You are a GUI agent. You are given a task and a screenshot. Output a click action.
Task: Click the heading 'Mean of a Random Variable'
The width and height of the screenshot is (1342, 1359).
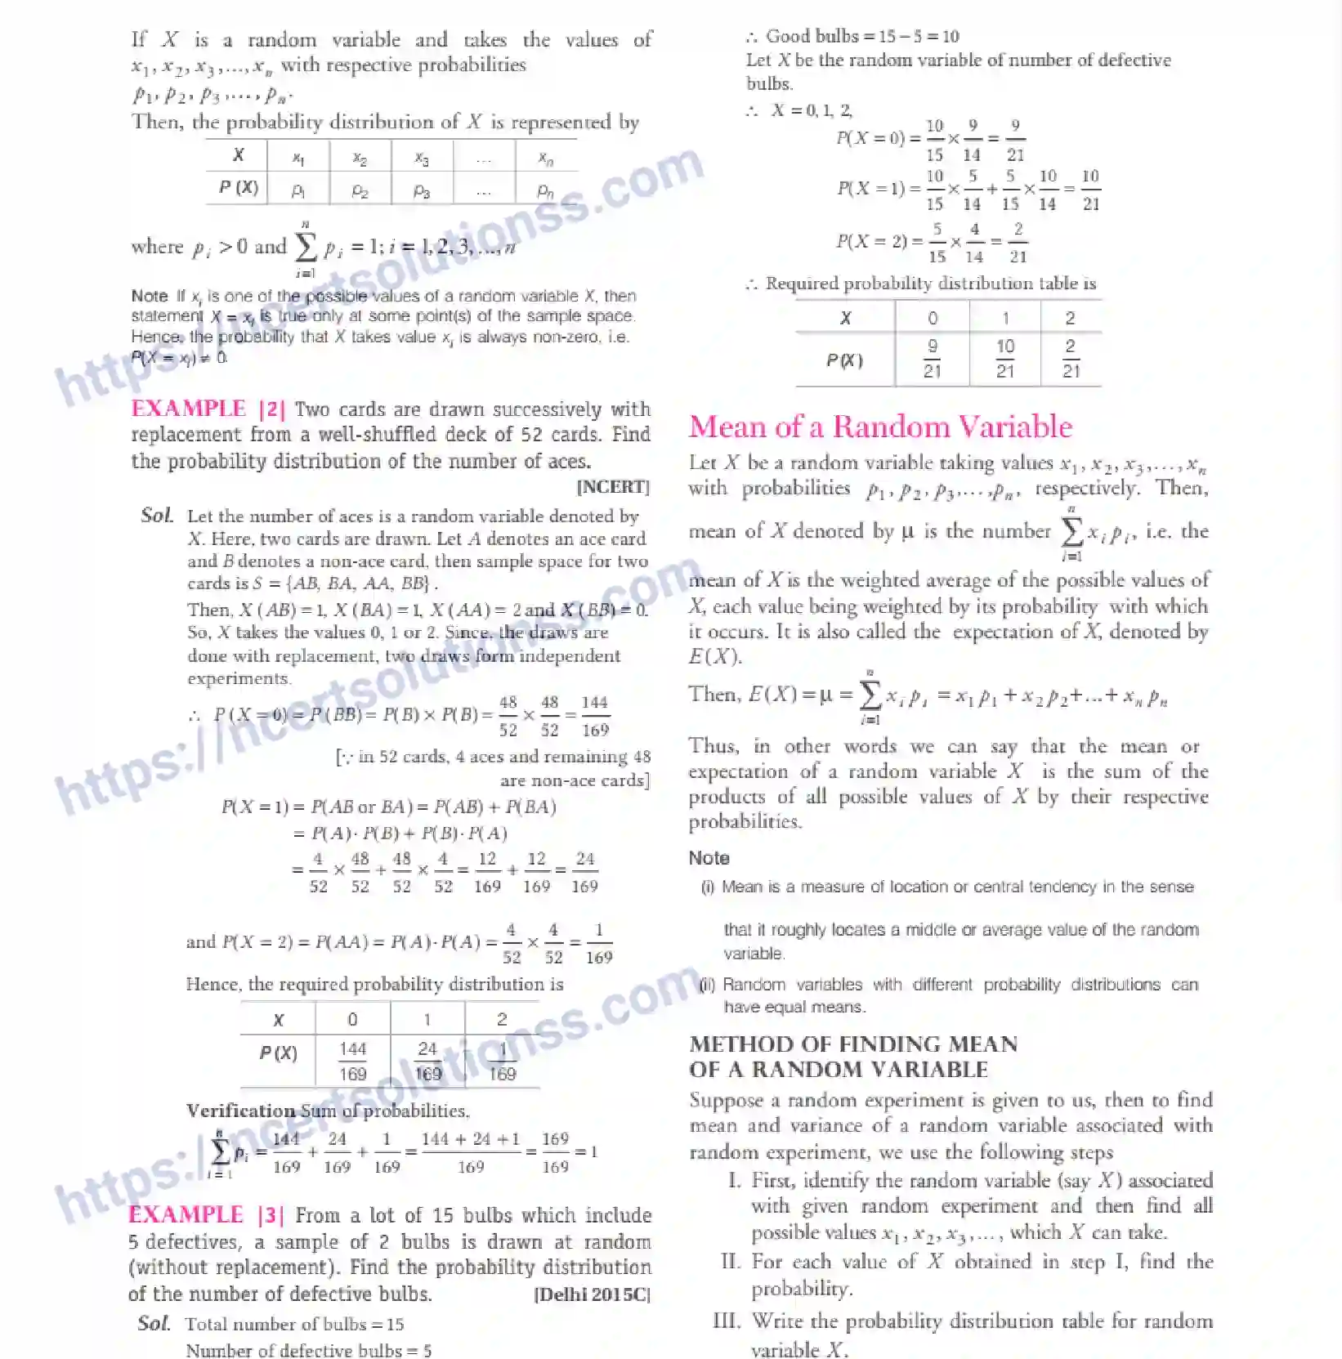tap(880, 427)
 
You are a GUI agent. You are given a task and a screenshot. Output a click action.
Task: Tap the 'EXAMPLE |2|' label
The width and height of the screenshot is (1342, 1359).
tap(208, 409)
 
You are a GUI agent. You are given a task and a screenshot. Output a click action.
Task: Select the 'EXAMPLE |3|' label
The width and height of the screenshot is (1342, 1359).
tap(206, 1215)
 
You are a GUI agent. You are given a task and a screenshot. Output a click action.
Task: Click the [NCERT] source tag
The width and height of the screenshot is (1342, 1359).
tap(613, 487)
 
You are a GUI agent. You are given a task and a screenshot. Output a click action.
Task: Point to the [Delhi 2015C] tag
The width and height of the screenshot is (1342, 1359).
tap(592, 1294)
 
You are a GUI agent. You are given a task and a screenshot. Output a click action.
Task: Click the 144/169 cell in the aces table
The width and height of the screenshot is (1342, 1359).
tap(352, 1061)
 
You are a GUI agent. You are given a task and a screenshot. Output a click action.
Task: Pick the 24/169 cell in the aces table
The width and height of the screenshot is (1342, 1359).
tap(427, 1061)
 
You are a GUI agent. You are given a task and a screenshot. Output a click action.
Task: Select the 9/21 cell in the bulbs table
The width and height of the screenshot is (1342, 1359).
tap(932, 359)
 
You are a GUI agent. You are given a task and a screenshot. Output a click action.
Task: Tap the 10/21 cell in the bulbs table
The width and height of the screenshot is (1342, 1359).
tap(1004, 359)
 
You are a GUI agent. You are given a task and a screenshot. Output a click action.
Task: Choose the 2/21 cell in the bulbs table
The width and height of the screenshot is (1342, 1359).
tap(1071, 359)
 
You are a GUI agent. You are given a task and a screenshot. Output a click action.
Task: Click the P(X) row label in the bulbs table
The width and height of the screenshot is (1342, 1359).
tap(844, 360)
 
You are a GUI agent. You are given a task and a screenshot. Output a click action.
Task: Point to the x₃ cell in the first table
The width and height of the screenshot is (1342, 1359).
tap(422, 157)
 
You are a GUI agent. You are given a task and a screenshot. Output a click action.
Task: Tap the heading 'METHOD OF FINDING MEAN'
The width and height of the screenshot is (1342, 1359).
tap(853, 1044)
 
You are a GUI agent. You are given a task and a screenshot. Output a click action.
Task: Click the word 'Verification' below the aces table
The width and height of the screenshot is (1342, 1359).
tap(240, 1111)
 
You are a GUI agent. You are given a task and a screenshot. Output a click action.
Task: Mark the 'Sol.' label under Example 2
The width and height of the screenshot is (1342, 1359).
tap(157, 515)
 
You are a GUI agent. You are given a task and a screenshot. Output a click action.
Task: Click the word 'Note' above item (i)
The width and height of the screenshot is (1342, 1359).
tap(709, 858)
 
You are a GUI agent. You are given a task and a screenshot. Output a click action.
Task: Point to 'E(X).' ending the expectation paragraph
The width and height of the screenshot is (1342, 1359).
tap(715, 656)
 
